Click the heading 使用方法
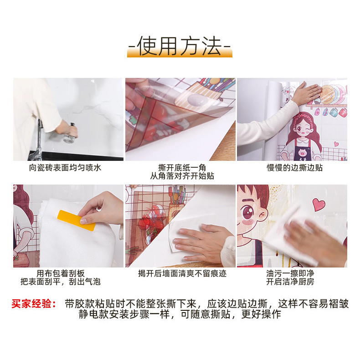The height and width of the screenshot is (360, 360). pyautogui.click(x=180, y=46)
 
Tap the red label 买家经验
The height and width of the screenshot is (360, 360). pyautogui.click(x=34, y=304)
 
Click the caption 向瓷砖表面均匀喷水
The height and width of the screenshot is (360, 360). pyautogui.click(x=65, y=168)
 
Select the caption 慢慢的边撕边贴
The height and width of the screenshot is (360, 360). pyautogui.click(x=294, y=168)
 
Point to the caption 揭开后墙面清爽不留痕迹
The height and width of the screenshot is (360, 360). pyautogui.click(x=182, y=273)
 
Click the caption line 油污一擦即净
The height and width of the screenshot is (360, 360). pyautogui.click(x=290, y=273)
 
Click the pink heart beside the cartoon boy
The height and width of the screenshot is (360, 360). pyautogui.click(x=319, y=205)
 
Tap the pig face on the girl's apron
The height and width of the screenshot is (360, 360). pyautogui.click(x=302, y=153)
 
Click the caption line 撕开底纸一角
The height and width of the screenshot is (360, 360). pyautogui.click(x=182, y=168)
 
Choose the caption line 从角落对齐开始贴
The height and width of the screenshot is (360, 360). pyautogui.click(x=182, y=176)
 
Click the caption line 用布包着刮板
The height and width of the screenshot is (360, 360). pyautogui.click(x=61, y=273)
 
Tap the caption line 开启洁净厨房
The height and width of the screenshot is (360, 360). pyautogui.click(x=290, y=282)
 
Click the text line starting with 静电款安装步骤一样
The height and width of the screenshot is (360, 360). pyautogui.click(x=180, y=314)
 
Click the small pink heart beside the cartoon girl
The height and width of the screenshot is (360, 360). pyautogui.click(x=336, y=144)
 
